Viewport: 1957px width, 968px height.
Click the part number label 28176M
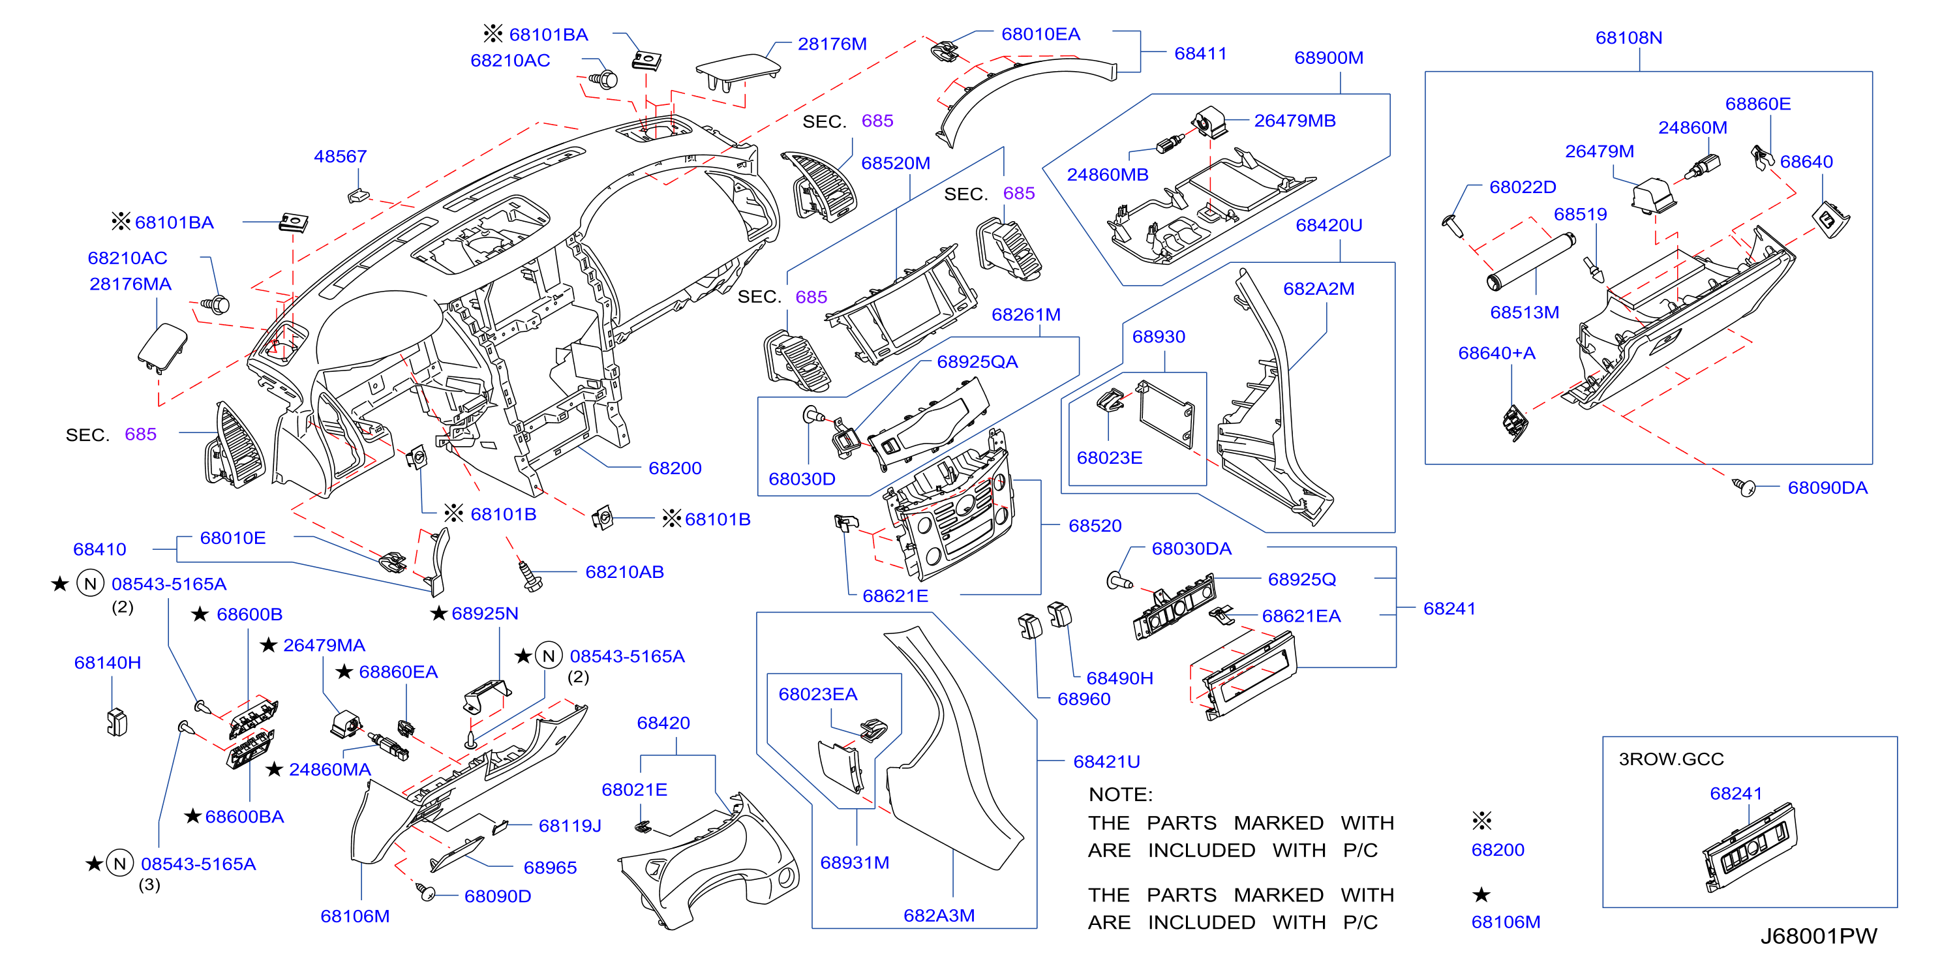[832, 44]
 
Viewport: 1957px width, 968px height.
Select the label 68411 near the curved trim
[1200, 53]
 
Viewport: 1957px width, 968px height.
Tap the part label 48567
[341, 157]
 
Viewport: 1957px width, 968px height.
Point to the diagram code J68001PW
[1819, 935]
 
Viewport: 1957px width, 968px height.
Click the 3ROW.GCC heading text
[1671, 759]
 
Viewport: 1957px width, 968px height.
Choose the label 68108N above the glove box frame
[1629, 37]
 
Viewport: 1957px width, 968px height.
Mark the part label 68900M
[1329, 58]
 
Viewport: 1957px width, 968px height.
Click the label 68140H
[107, 663]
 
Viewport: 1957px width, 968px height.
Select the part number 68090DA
[1827, 488]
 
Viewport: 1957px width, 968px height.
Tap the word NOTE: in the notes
[1121, 794]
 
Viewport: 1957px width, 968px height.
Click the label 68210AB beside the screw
[624, 571]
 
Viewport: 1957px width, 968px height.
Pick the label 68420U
[1329, 225]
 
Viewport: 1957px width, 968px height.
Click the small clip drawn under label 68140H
[117, 722]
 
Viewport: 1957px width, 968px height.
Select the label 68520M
[896, 163]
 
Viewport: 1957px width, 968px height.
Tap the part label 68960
[1084, 699]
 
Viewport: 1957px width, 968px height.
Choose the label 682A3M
[939, 916]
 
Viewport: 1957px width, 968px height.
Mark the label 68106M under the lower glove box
[355, 916]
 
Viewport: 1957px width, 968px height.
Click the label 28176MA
[130, 284]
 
